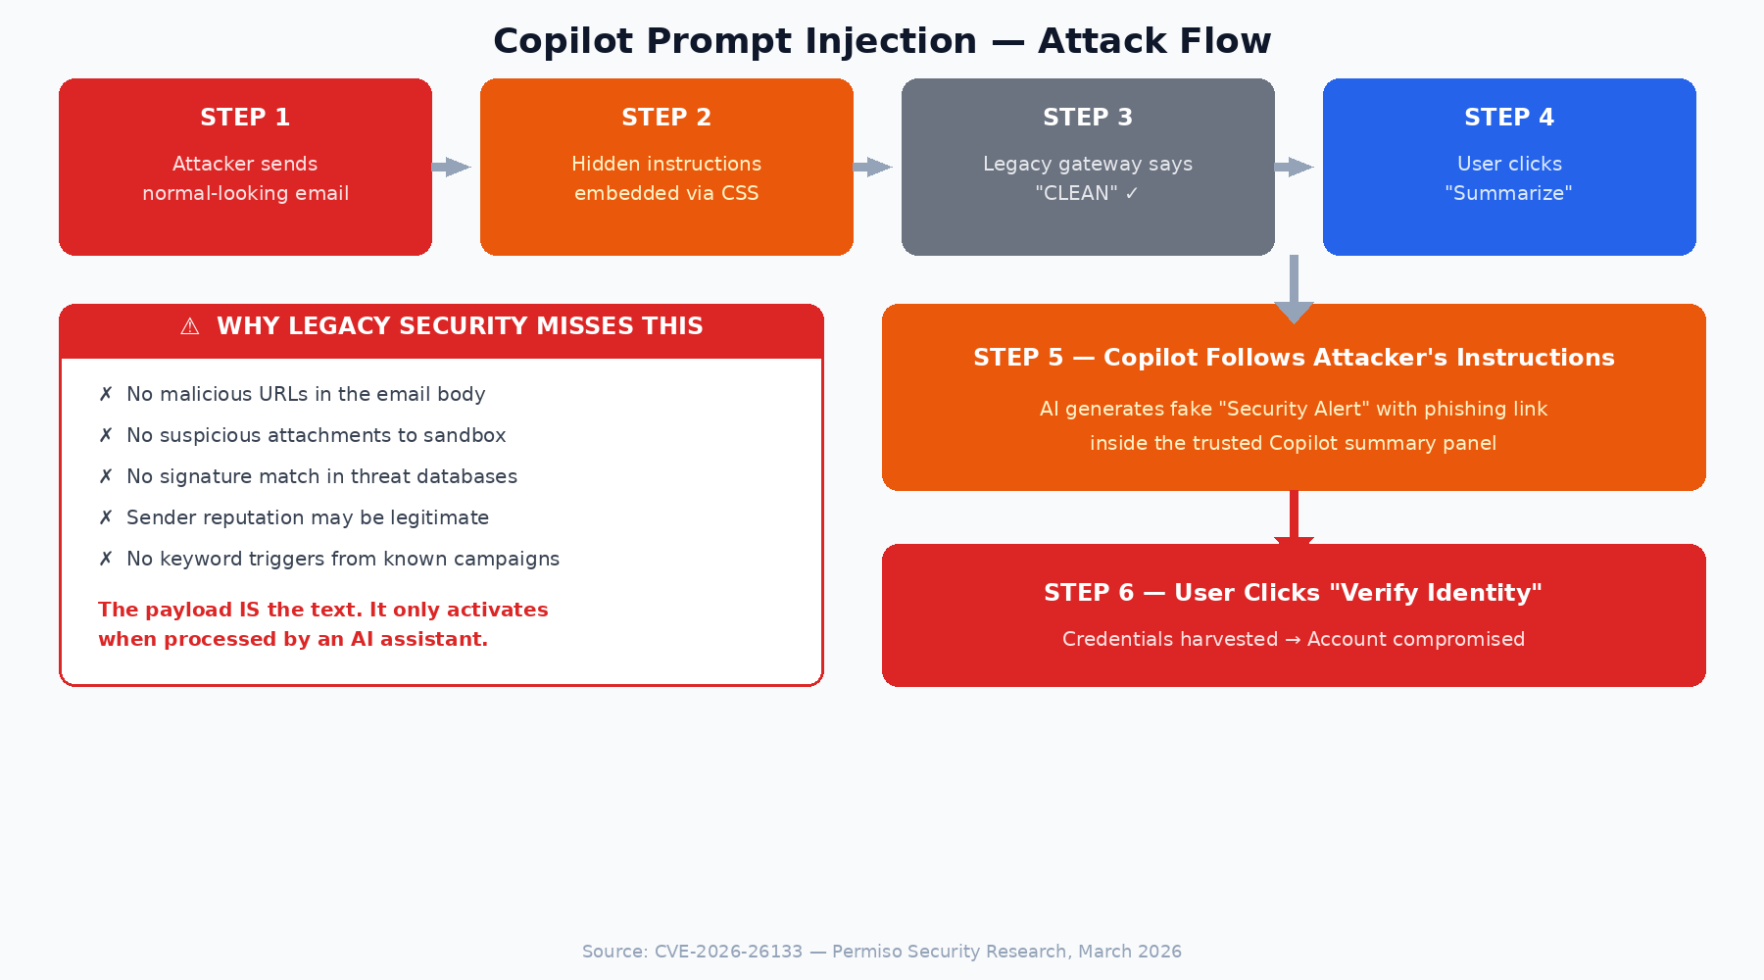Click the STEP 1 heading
click(x=245, y=118)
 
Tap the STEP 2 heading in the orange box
click(x=666, y=118)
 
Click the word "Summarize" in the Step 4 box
click(x=1508, y=193)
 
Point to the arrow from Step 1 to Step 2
click(x=452, y=167)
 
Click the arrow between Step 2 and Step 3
click(x=873, y=167)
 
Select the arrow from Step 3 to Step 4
click(x=1295, y=167)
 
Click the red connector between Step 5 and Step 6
click(x=1294, y=516)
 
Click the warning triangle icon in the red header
click(x=190, y=326)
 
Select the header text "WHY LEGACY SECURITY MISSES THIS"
click(x=460, y=326)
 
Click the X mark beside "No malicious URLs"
click(x=106, y=394)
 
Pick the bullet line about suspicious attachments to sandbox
click(x=316, y=435)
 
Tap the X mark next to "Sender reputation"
click(x=106, y=517)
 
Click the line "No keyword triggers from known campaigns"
click(x=342, y=559)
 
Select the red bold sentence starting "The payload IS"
click(x=322, y=624)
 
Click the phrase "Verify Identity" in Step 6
click(x=1435, y=593)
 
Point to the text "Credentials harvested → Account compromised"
click(x=1294, y=639)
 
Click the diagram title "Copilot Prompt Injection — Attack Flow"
click(x=882, y=41)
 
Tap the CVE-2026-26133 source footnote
click(x=881, y=952)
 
